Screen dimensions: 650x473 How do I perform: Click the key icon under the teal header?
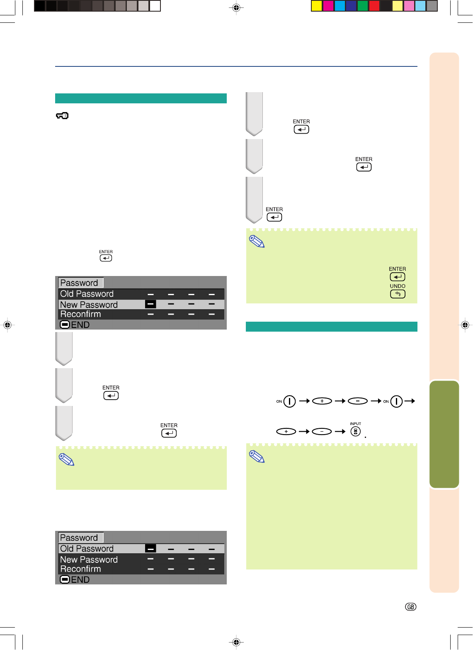point(62,116)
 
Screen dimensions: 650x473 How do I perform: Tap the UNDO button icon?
point(398,294)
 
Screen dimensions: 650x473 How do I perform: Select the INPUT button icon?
point(355,432)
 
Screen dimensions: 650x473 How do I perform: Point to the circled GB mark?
point(410,607)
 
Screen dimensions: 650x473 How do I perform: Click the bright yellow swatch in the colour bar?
point(317,6)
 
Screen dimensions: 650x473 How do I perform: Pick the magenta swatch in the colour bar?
point(328,6)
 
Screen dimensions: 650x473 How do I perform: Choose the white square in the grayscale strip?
point(155,6)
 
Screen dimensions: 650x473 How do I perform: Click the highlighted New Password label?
point(89,305)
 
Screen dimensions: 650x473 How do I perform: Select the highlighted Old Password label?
point(87,549)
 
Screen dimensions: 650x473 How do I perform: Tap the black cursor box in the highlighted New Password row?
point(150,304)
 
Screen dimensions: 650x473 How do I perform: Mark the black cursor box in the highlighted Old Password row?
point(150,549)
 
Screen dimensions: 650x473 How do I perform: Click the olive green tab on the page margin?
point(444,434)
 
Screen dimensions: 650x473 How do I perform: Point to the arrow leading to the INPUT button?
point(340,432)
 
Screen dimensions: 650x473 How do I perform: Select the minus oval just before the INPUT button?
point(322,432)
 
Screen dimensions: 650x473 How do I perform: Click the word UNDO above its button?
point(398,286)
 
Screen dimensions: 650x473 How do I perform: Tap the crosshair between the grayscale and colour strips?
point(236,7)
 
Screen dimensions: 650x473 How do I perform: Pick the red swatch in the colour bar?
point(374,6)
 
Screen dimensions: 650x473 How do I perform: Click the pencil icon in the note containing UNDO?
point(257,242)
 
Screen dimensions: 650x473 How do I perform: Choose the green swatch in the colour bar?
point(363,6)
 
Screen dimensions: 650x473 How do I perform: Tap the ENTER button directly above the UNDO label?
point(398,277)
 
